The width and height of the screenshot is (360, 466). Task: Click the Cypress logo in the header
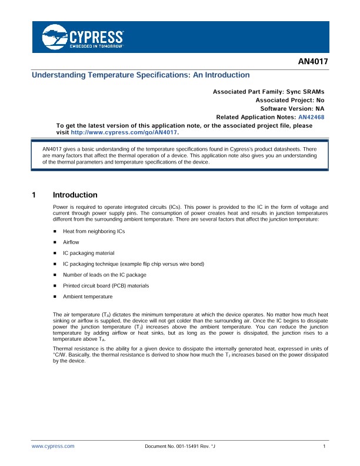[82, 37]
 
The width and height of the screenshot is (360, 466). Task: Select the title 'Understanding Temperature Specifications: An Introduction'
[141, 75]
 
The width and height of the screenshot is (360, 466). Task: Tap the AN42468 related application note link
[311, 117]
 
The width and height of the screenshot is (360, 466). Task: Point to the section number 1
[35, 195]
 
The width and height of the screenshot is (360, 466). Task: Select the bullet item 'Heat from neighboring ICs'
[94, 231]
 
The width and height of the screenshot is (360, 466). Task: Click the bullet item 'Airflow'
[72, 242]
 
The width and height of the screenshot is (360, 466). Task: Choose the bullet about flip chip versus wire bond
[134, 264]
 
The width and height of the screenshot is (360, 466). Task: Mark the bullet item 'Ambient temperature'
[88, 297]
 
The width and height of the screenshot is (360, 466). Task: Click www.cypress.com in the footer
[53, 447]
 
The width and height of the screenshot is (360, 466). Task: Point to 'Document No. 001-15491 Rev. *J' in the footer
[184, 447]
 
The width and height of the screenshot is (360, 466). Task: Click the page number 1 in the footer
[325, 447]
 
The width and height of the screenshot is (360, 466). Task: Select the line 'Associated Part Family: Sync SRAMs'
[268, 92]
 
